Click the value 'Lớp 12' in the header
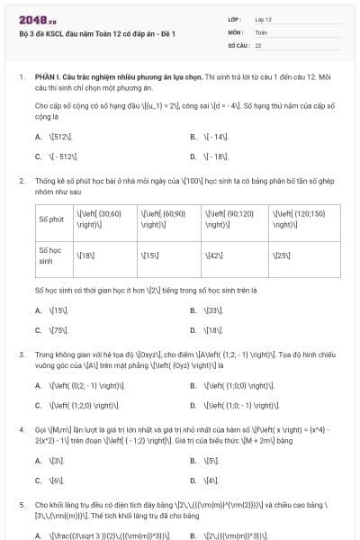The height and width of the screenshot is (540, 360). [x=263, y=19]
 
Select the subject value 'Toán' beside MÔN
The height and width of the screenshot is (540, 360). [x=261, y=31]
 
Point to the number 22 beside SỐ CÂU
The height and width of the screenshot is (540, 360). [x=258, y=44]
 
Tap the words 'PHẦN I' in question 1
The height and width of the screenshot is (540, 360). [x=47, y=77]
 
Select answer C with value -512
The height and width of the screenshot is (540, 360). [x=61, y=157]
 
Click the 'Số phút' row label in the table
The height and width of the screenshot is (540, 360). [x=51, y=219]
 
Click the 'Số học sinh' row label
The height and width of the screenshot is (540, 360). [x=52, y=255]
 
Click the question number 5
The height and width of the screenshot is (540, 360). [x=22, y=507]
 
